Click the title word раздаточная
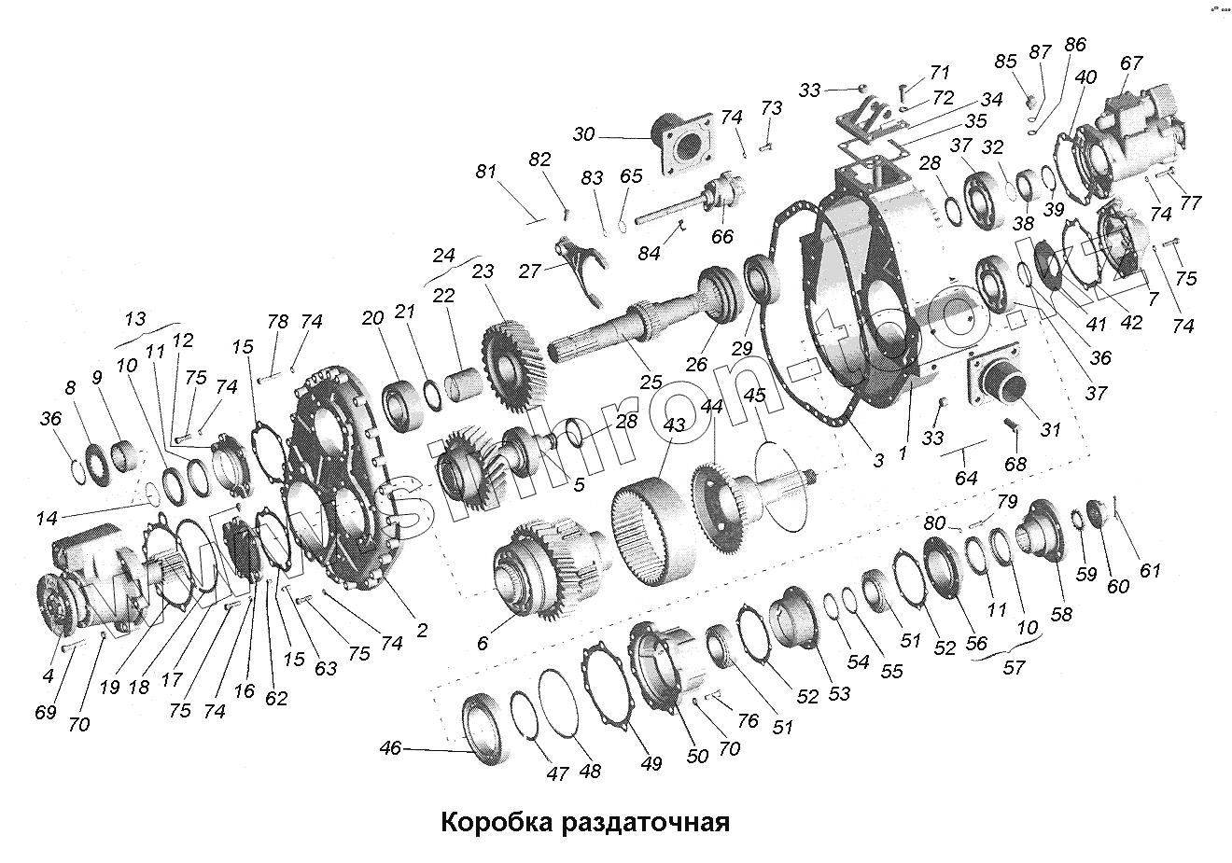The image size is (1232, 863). click(644, 825)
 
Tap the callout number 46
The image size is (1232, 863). click(391, 747)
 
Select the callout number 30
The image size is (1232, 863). click(583, 134)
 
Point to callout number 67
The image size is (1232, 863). click(1131, 63)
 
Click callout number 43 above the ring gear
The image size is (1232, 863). click(675, 425)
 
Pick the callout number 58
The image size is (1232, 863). click(1061, 614)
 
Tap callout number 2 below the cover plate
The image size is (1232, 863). click(422, 631)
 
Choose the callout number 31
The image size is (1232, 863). click(1051, 430)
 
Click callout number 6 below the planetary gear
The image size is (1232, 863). click(483, 643)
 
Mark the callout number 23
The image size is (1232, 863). click(483, 272)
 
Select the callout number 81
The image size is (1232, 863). click(484, 172)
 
